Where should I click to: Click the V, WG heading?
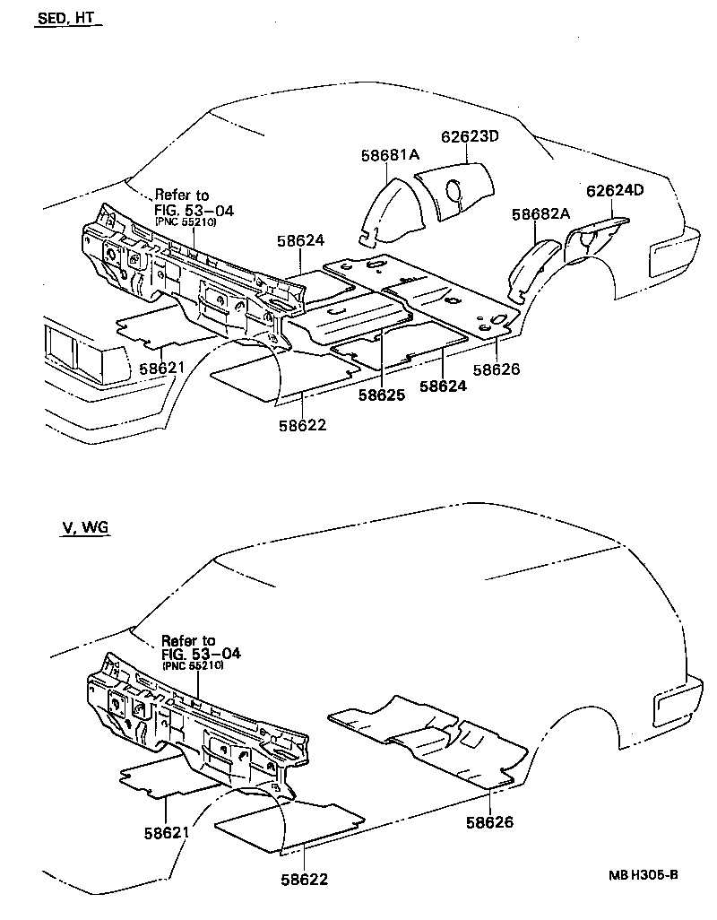[x=84, y=527]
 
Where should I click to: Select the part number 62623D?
[x=469, y=136]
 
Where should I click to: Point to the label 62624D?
[x=615, y=190]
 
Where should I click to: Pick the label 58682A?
[x=541, y=214]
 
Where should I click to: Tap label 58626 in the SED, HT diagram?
[x=497, y=369]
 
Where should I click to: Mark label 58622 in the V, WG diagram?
[x=303, y=880]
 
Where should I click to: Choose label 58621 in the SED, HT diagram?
[x=161, y=369]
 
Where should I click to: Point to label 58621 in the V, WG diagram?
[x=167, y=832]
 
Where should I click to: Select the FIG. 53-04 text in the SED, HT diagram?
[x=194, y=210]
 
